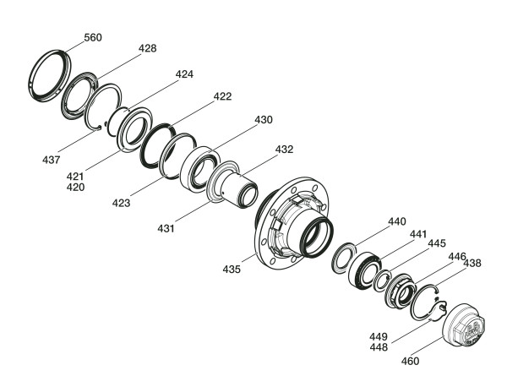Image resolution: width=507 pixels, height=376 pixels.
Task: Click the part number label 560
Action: [x=93, y=37]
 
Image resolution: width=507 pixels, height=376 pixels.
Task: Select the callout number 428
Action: [x=147, y=48]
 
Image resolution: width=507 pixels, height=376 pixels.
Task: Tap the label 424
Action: [x=184, y=74]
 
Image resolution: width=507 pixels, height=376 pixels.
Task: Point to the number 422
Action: [x=222, y=96]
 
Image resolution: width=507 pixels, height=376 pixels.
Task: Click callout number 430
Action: [x=264, y=120]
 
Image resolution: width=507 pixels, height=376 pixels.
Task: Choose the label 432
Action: [x=284, y=150]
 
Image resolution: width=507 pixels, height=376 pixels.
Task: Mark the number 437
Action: [x=51, y=160]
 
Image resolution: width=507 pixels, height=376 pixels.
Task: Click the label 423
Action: [x=121, y=203]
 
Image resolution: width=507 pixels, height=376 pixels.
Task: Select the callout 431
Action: [x=166, y=229]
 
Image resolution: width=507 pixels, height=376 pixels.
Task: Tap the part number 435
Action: [x=232, y=269]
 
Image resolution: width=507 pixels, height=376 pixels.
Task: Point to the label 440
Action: [x=397, y=221]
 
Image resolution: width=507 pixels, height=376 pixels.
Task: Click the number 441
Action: [x=418, y=234]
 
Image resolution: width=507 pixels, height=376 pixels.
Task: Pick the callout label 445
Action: [x=437, y=243]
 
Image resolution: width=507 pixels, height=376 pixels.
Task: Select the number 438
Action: [x=472, y=263]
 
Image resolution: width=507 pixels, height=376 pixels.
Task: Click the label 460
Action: [x=410, y=361]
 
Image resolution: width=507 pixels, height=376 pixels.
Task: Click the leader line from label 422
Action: [x=193, y=114]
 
